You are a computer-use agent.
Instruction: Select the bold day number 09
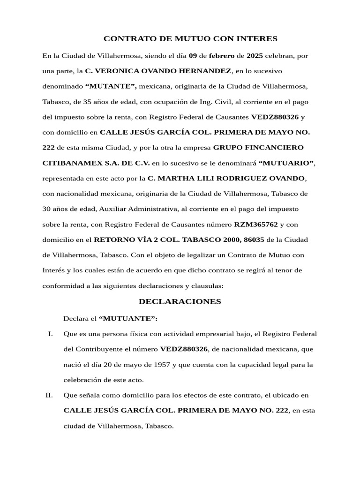(193, 56)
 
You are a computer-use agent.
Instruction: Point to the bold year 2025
(255, 56)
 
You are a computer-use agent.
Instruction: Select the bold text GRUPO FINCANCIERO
(258, 148)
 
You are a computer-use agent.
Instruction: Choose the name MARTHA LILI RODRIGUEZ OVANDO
(226, 179)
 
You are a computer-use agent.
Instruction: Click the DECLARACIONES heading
(180, 301)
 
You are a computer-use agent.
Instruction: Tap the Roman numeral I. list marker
(50, 334)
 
